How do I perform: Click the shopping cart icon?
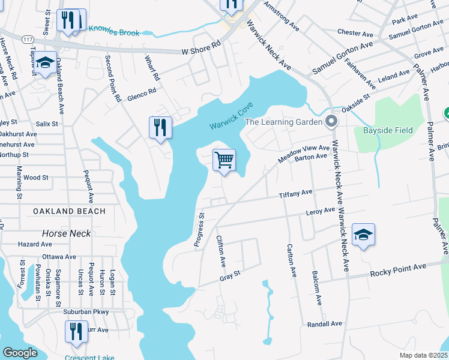point(224,160)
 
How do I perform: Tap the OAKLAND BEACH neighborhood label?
point(70,211)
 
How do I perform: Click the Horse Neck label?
point(67,233)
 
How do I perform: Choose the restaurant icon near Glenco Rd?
point(160,127)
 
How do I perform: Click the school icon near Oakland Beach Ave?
point(45,62)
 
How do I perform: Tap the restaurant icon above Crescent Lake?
point(76,331)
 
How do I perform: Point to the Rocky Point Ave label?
point(397,269)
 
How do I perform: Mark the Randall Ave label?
point(324,324)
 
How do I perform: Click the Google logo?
point(20,353)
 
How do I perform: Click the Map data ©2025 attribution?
point(423,355)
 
